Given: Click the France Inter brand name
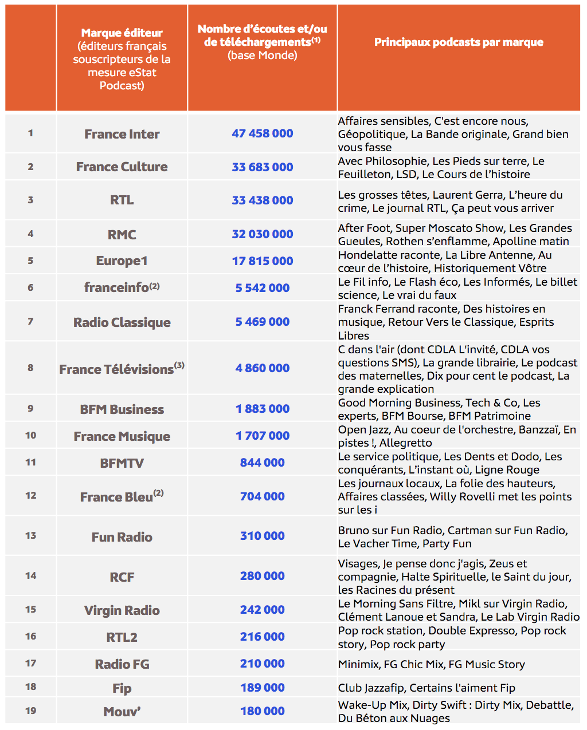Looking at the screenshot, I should pos(122,134).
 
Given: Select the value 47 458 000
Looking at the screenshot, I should pos(262,133).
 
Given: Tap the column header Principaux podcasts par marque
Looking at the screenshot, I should pos(459,42).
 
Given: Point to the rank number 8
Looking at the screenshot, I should pos(30,368).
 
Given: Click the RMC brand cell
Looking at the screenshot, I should pos(122,235).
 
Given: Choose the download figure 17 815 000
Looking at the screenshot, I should pos(262,261).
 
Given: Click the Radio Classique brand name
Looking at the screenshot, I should pos(122,322).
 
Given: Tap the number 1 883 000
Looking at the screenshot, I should pos(262,409).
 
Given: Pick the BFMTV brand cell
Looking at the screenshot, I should pos(122,463).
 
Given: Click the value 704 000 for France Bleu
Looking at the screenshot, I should pos(262,496).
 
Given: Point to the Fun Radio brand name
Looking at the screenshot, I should pos(122,537).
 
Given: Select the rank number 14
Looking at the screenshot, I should pos(30,575).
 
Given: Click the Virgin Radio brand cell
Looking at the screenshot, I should pos(122,610).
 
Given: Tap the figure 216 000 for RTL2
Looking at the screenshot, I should pos(262,637).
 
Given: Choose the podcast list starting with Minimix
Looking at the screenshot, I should pos(431,664).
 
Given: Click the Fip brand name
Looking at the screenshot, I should pos(122,688).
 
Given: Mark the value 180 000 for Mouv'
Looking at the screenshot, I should pos(262,711).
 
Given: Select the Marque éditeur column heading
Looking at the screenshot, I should pos(122,33).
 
